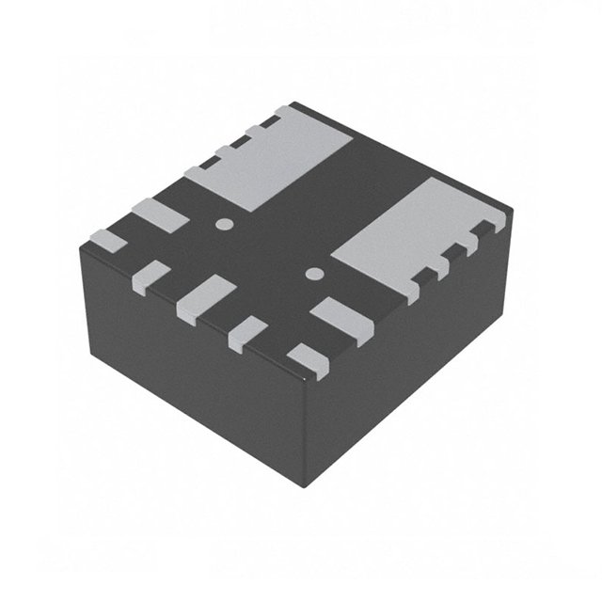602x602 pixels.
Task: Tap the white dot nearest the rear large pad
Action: click(x=224, y=224)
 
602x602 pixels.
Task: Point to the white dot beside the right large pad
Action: click(x=314, y=274)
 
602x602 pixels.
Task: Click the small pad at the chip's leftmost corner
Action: click(x=107, y=241)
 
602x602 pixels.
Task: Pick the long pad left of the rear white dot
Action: click(x=159, y=216)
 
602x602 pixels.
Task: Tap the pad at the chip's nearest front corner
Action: click(x=308, y=360)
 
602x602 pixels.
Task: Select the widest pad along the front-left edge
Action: click(x=206, y=297)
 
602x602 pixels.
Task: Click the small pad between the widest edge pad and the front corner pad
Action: click(x=248, y=332)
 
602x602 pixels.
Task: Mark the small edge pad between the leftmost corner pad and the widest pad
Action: click(x=151, y=274)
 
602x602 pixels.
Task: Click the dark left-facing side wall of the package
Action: click(x=188, y=376)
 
